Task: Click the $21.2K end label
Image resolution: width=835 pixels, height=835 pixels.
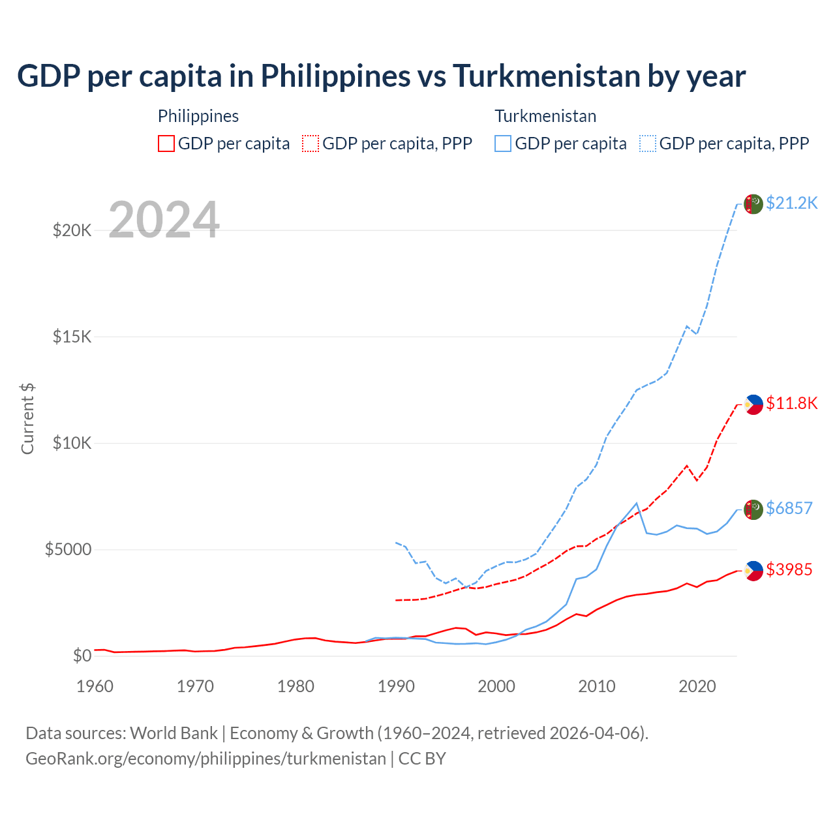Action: pos(791,203)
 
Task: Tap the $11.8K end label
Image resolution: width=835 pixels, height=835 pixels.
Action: pos(791,403)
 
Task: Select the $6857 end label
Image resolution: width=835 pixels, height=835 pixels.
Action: pos(789,508)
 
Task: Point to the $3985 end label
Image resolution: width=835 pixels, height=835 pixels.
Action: pos(789,569)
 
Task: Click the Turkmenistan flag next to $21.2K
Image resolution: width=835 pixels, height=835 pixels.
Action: pos(753,204)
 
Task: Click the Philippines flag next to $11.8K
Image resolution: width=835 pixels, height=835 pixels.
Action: pos(753,404)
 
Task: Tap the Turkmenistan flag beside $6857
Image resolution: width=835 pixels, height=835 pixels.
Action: pos(753,509)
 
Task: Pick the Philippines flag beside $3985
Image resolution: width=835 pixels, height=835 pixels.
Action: pos(753,571)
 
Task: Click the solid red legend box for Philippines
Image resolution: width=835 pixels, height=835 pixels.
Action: pos(166,144)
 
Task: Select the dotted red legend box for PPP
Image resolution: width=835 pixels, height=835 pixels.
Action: pos(311,144)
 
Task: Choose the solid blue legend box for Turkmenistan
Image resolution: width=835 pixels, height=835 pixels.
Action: pos(503,144)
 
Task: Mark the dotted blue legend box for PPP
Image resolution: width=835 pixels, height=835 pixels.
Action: pos(648,144)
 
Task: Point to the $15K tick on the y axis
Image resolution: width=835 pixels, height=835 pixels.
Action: pos(72,337)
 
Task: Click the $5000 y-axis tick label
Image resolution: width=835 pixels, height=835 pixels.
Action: pos(68,549)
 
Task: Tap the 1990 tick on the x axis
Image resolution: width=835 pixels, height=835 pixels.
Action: pos(396,686)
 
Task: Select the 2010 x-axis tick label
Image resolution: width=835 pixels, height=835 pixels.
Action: pos(597,686)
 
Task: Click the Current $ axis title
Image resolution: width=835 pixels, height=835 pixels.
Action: pos(27,419)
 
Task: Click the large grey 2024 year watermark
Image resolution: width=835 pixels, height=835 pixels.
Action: pos(164,220)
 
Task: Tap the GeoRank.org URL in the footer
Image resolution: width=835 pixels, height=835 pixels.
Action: pos(205,759)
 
